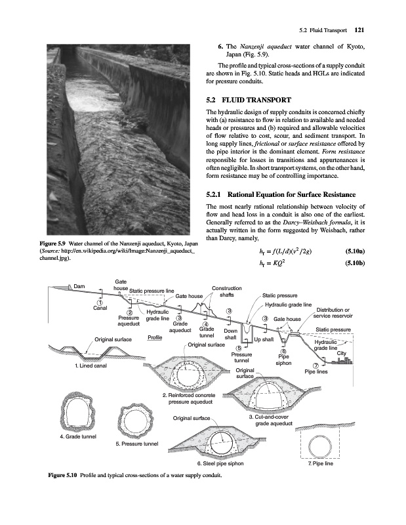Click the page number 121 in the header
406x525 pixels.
click(x=359, y=29)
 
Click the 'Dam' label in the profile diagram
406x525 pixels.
click(x=79, y=285)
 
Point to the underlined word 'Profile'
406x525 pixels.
click(x=155, y=337)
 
